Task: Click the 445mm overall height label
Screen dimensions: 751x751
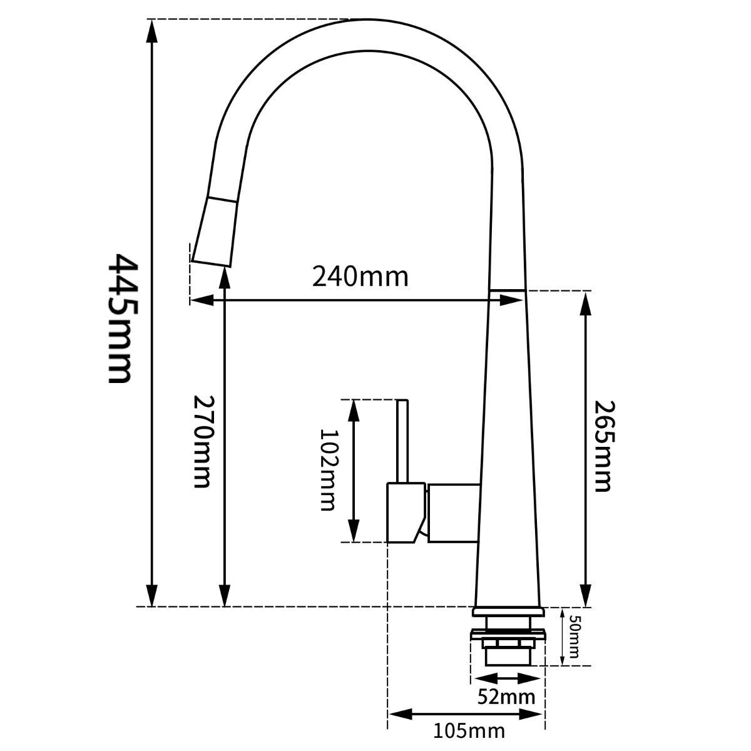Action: [120, 318]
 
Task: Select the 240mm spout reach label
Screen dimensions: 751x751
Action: [360, 276]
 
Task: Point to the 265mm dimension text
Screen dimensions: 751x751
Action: [601, 446]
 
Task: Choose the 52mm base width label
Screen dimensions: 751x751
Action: [506, 696]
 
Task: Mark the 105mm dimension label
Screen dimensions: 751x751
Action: [469, 730]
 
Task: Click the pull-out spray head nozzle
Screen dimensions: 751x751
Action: [214, 232]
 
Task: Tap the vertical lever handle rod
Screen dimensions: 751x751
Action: [402, 441]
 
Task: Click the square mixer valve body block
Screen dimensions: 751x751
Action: [453, 512]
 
